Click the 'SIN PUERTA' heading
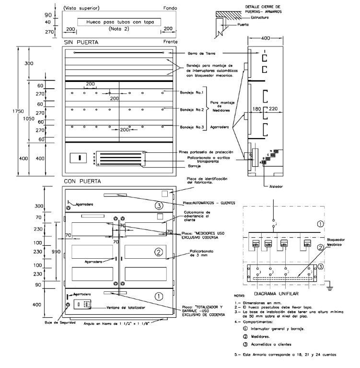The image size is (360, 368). click(x=81, y=43)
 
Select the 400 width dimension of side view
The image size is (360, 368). click(x=263, y=38)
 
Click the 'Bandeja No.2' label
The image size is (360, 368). click(x=190, y=110)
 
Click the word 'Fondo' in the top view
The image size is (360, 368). click(x=170, y=8)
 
